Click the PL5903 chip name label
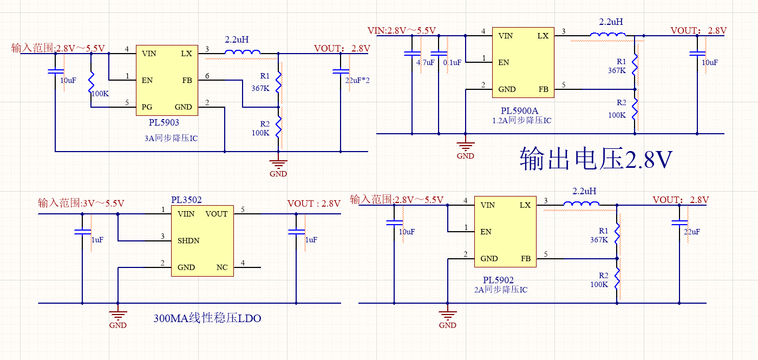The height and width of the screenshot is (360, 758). [164, 123]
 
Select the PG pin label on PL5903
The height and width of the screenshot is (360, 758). [147, 107]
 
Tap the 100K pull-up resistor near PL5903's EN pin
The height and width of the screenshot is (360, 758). [92, 82]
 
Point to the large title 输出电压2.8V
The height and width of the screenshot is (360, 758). [596, 159]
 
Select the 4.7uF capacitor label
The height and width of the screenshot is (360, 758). [426, 63]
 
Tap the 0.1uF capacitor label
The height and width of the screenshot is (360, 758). [452, 63]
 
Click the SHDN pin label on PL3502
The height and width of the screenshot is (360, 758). [188, 241]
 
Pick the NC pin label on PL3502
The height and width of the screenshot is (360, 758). [222, 267]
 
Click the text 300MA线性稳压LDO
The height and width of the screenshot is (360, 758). [207, 318]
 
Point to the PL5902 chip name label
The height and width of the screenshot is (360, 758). [499, 280]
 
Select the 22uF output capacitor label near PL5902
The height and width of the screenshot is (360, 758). [692, 232]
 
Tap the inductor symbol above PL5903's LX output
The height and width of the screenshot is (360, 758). [243, 53]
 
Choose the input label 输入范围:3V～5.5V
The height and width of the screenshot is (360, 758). [81, 204]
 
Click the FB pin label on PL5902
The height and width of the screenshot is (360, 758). [525, 259]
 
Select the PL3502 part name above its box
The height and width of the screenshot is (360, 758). [186, 200]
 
